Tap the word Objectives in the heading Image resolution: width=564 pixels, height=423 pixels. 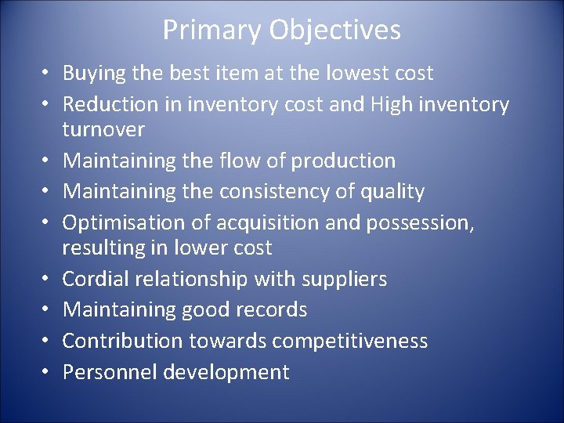pos(335,31)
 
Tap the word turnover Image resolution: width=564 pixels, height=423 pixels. pos(103,129)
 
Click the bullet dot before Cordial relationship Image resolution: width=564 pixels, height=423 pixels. pos(47,280)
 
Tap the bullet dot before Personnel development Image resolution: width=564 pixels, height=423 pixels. pos(47,372)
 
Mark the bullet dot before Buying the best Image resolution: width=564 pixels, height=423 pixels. pos(47,74)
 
